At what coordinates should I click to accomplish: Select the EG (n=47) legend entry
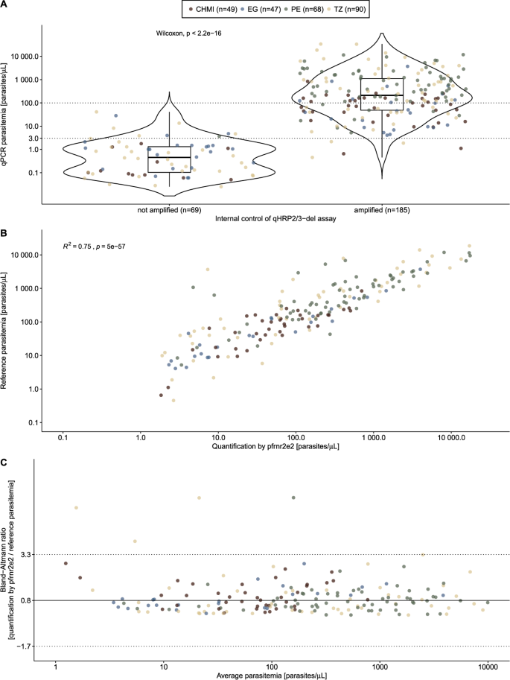pyautogui.click(x=262, y=9)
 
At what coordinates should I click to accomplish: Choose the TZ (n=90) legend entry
pyautogui.click(x=348, y=9)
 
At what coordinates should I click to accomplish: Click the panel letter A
pyautogui.click(x=4, y=4)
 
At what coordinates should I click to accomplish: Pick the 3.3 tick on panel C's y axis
pyautogui.click(x=34, y=554)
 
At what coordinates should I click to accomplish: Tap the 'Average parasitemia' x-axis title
pyautogui.click(x=275, y=675)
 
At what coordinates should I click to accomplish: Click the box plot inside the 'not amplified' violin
pyautogui.click(x=169, y=159)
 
